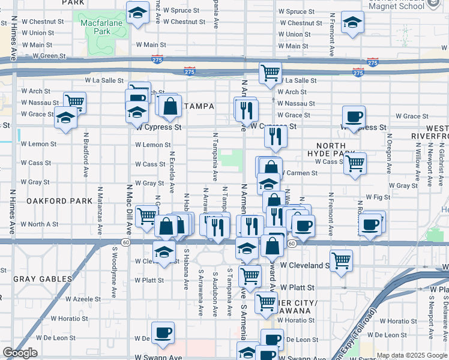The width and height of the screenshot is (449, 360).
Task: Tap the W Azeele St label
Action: pyautogui.click(x=83, y=298)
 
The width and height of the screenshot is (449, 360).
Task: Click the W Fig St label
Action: pyautogui.click(x=377, y=197)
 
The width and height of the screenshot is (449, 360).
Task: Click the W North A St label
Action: pyautogui.click(x=40, y=224)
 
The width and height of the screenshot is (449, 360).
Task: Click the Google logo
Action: pyautogui.click(x=20, y=353)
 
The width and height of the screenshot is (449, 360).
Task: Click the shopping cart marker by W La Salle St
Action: pyautogui.click(x=271, y=73)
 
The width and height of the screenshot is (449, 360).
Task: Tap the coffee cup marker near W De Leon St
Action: pyautogui.click(x=162, y=332)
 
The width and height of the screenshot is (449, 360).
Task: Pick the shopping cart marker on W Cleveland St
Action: pyautogui.click(x=341, y=261)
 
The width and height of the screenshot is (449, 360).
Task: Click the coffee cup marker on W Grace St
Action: pyautogui.click(x=354, y=116)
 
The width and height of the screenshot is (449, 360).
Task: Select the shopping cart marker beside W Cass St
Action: pyautogui.click(x=355, y=162)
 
